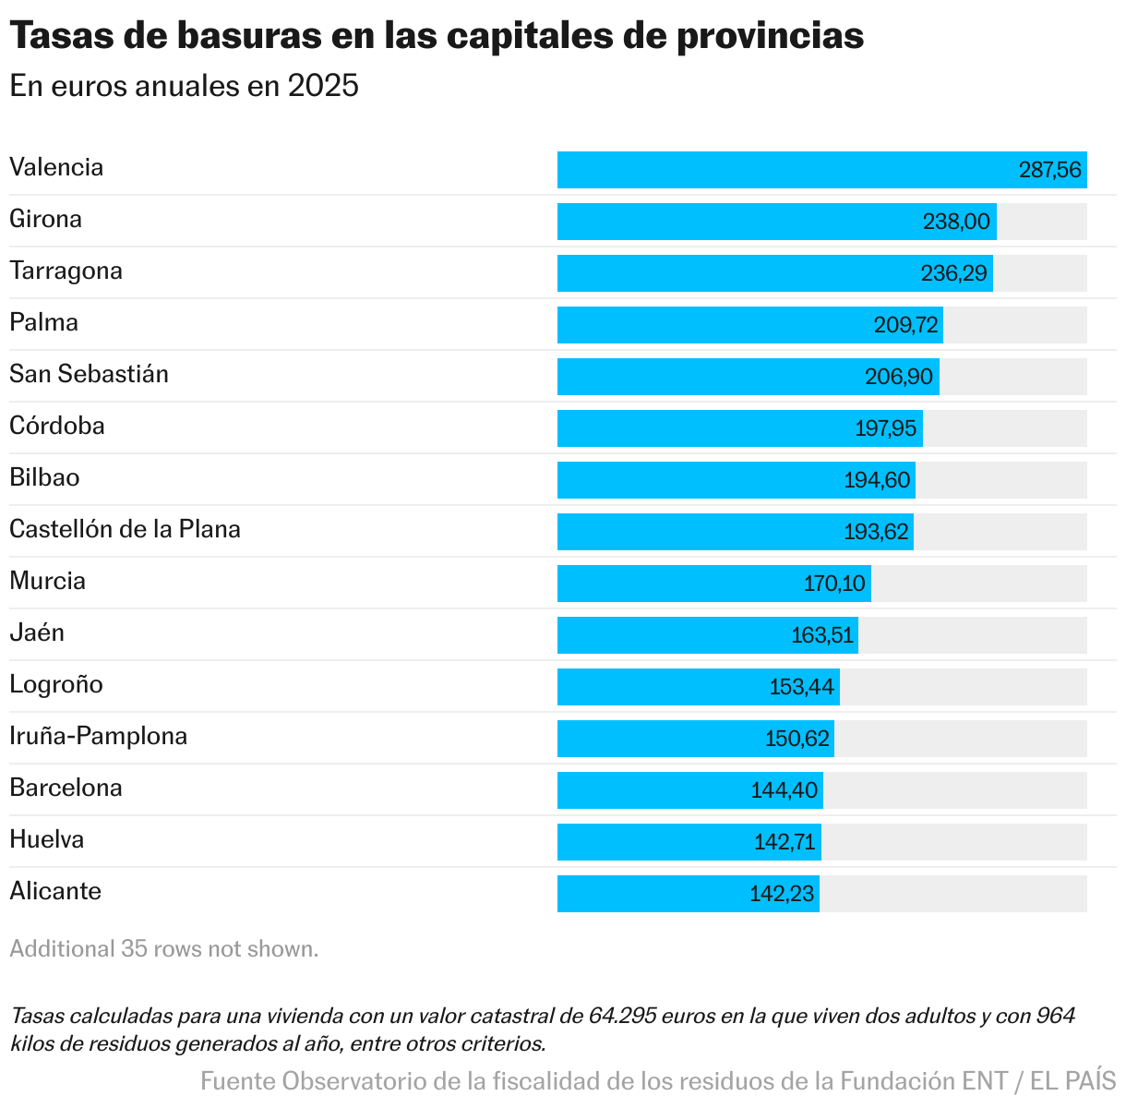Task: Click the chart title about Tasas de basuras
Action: pyautogui.click(x=437, y=37)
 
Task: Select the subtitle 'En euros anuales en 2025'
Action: pyautogui.click(x=184, y=86)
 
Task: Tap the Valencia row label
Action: pyautogui.click(x=56, y=167)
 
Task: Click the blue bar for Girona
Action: pyautogui.click(x=738, y=222)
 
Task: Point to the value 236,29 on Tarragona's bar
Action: pyautogui.click(x=953, y=273)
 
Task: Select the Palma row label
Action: pyautogui.click(x=44, y=322)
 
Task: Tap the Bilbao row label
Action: pyautogui.click(x=44, y=477)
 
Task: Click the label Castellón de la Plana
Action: pyautogui.click(x=125, y=529)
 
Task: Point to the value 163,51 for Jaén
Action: pyautogui.click(x=822, y=635)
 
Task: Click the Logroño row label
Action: pyautogui.click(x=56, y=684)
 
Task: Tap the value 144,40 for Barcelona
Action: pyautogui.click(x=784, y=790)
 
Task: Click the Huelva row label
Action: pyautogui.click(x=47, y=839)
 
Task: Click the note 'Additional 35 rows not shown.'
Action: pyautogui.click(x=164, y=949)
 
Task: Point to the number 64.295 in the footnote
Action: pyautogui.click(x=623, y=1017)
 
